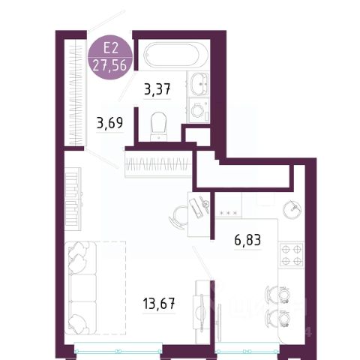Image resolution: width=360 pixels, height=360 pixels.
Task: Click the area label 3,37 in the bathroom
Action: point(157,89)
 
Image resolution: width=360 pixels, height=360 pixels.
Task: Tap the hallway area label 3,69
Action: point(110,123)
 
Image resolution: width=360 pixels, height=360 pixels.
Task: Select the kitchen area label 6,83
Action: point(247,240)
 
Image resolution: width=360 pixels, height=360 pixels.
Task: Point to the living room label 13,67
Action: point(159,304)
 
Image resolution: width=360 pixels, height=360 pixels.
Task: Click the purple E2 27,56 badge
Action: point(110,57)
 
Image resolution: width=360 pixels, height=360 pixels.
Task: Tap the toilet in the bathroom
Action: point(158,126)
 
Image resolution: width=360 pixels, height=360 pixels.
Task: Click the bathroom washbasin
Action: point(199,84)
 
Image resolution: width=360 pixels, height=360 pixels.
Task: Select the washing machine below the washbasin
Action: point(199,110)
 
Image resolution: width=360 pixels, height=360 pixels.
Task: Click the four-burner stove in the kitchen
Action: point(292,255)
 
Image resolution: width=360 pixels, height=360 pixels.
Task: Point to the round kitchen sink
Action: point(292,208)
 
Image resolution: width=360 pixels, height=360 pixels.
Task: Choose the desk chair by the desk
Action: point(178,217)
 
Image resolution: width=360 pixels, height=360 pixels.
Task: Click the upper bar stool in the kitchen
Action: point(278,295)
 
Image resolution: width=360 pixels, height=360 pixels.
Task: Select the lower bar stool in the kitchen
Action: point(278,318)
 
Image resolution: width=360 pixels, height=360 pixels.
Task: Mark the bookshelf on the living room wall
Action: point(73,199)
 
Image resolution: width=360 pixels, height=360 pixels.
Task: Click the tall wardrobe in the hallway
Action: point(76,92)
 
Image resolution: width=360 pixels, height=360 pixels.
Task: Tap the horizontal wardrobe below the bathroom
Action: point(158,164)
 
